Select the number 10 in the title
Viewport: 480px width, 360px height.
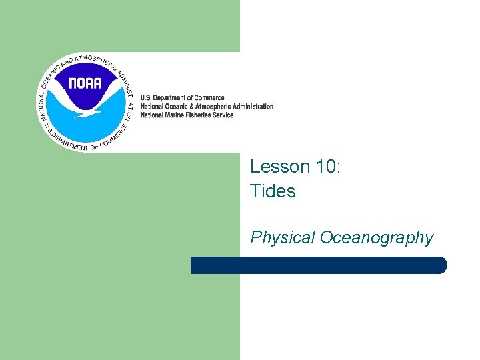click(x=325, y=167)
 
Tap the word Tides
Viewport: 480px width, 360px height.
click(x=273, y=191)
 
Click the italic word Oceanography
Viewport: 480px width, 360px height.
click(x=377, y=237)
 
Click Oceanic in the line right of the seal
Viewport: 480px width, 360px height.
click(x=175, y=106)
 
